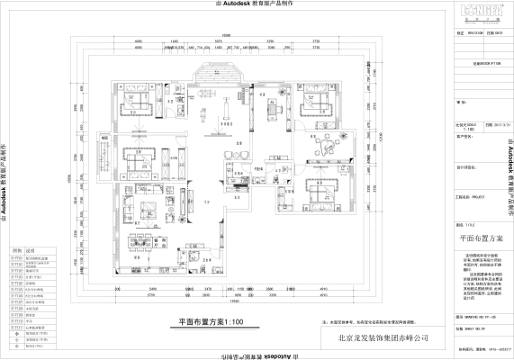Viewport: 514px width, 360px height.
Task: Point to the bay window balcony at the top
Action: tap(216, 69)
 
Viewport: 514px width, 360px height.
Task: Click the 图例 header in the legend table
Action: tap(14, 251)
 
